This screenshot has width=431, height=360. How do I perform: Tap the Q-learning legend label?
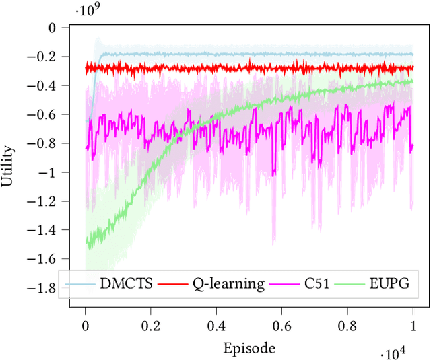227,284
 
